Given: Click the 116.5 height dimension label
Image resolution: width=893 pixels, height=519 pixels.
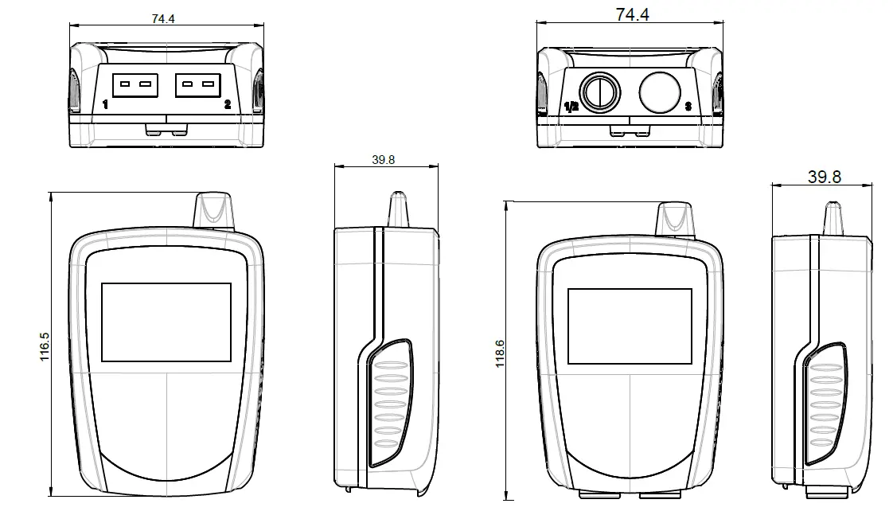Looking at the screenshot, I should tap(45, 347).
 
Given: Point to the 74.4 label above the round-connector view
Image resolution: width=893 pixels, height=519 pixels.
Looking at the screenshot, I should tap(632, 14).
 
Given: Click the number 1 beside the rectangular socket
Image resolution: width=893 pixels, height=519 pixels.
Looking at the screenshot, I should tap(106, 104).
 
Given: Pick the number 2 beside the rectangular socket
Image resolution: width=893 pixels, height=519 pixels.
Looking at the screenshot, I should tap(228, 104).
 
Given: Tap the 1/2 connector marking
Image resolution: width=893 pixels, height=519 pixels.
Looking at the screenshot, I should tap(571, 106).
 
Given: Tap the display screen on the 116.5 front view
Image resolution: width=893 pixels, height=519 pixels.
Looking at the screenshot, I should tap(166, 322).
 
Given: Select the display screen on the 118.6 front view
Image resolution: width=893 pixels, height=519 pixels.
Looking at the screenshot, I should tap(629, 326).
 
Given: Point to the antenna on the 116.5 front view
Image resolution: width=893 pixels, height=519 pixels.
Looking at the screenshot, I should tap(213, 210).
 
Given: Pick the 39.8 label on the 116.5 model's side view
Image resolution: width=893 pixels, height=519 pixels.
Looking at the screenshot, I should tap(383, 159).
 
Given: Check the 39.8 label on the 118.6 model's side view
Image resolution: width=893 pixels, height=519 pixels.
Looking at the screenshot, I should tap(824, 177).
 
